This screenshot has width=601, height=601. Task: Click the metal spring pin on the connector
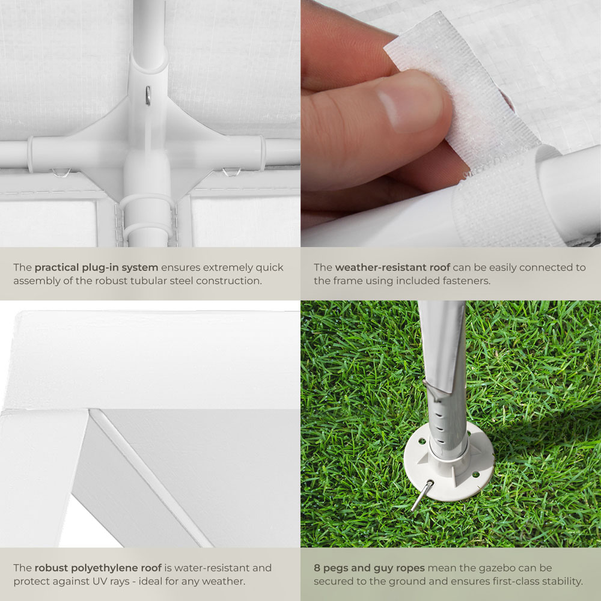coord(148,96)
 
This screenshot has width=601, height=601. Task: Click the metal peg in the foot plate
coord(422,495)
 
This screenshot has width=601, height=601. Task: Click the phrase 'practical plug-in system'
coord(96,267)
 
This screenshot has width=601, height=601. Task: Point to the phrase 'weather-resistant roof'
coord(392,267)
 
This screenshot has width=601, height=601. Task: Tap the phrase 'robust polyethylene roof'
coord(98,568)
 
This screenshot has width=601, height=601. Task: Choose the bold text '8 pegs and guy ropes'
coord(369,568)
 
